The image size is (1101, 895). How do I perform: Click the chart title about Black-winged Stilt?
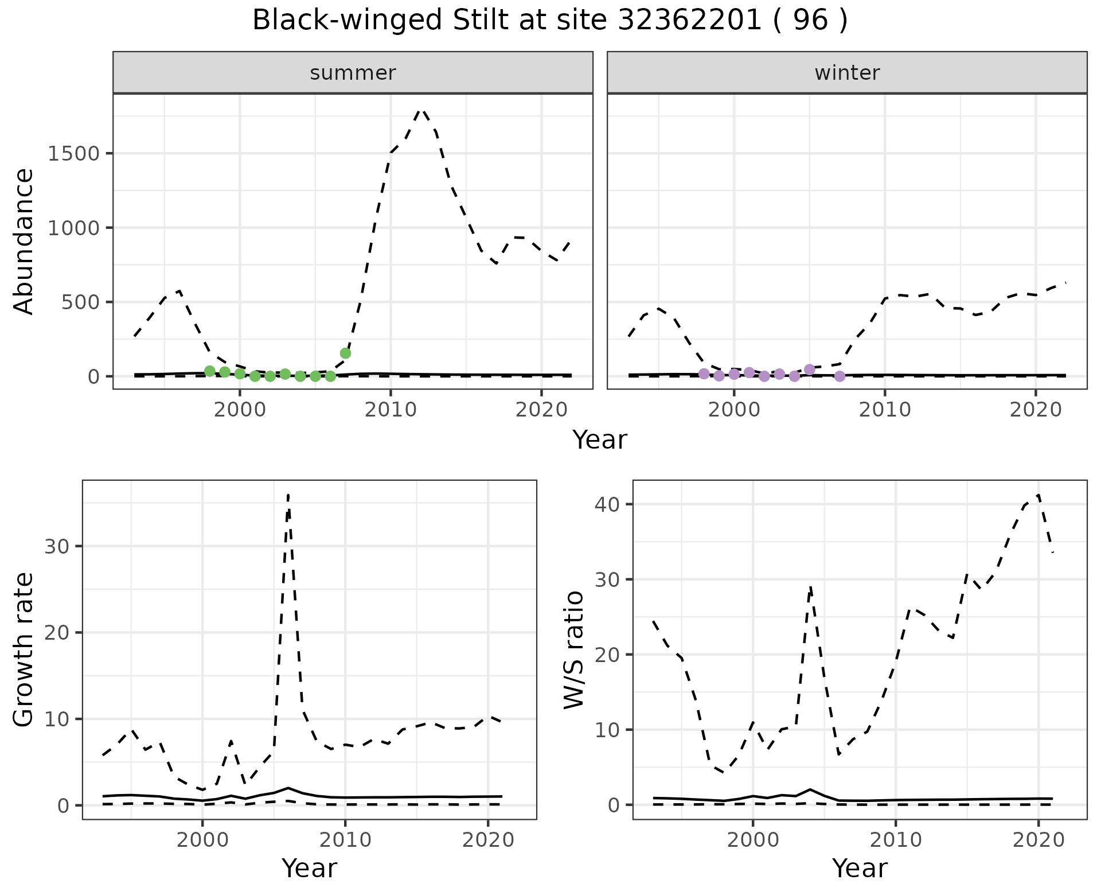pyautogui.click(x=549, y=21)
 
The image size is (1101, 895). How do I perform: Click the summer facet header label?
pyautogui.click(x=353, y=73)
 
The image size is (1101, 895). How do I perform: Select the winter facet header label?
pyautogui.click(x=847, y=73)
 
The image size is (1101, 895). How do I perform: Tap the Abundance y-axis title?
pyautogui.click(x=24, y=242)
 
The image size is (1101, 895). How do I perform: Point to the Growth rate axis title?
pyautogui.click(x=24, y=650)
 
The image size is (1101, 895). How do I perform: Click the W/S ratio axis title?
pyautogui.click(x=574, y=650)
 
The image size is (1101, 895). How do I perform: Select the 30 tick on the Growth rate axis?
pyautogui.click(x=57, y=546)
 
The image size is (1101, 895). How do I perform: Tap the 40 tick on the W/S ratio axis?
pyautogui.click(x=608, y=504)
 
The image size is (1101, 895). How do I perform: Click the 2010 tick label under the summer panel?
pyautogui.click(x=391, y=410)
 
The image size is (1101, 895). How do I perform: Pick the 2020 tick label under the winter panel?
pyautogui.click(x=1036, y=410)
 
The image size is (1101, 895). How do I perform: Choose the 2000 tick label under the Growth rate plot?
pyautogui.click(x=202, y=840)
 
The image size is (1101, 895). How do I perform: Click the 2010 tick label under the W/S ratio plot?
pyautogui.click(x=895, y=840)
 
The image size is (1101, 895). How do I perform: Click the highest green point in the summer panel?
pyautogui.click(x=345, y=353)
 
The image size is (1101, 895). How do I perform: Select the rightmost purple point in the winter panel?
pyautogui.click(x=840, y=376)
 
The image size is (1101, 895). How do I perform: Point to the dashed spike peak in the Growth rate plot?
pyautogui.click(x=288, y=495)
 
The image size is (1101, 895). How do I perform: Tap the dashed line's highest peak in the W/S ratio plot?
pyautogui.click(x=1038, y=495)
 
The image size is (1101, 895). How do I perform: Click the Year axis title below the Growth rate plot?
pyautogui.click(x=309, y=869)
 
